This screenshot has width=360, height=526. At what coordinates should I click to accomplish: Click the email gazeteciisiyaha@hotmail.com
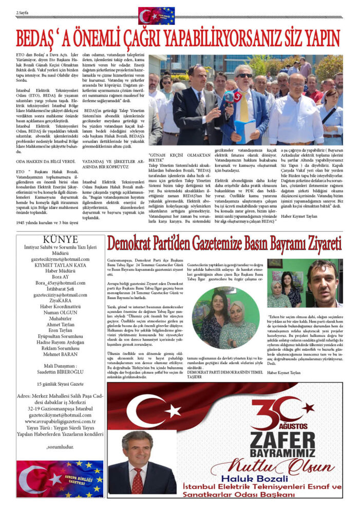(60, 295)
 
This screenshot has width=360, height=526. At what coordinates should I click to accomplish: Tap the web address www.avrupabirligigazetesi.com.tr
(61, 421)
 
